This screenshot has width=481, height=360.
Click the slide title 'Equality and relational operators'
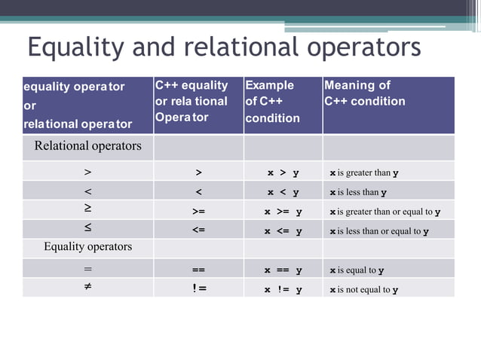(224, 47)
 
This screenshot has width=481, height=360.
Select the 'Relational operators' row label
(87, 146)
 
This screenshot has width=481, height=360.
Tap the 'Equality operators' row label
(87, 246)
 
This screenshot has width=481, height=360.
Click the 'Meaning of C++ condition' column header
(365, 93)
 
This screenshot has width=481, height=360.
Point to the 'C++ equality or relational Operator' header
(191, 102)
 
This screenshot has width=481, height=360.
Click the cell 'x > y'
(283, 173)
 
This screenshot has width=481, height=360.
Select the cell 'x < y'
(283, 193)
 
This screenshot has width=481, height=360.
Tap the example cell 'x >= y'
(283, 212)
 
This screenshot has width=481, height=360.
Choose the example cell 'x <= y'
(283, 232)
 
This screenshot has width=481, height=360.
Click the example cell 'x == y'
(283, 270)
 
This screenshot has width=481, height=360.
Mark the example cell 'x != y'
(283, 290)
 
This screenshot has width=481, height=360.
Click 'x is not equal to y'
(363, 290)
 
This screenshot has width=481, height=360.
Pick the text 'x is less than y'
(357, 193)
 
